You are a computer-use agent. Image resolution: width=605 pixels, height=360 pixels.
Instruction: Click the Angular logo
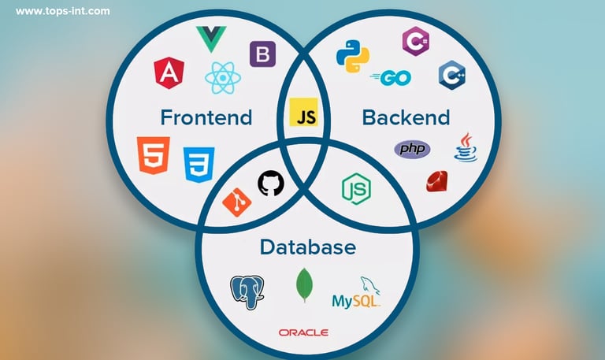tap(168, 74)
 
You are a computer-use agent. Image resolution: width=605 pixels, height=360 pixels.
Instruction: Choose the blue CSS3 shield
tap(198, 164)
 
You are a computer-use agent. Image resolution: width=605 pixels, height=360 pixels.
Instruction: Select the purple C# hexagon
tap(414, 40)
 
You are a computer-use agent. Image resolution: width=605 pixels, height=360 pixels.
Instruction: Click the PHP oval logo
tap(413, 149)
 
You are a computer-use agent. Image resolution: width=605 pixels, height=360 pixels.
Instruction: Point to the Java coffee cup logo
tap(465, 147)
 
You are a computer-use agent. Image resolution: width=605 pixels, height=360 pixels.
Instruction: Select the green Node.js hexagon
tap(356, 189)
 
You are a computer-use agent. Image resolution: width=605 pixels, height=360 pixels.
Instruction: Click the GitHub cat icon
tap(270, 184)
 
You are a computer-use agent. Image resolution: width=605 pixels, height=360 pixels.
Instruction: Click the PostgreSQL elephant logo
tap(247, 291)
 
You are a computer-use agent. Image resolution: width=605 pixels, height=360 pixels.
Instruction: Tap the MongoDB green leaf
tap(304, 286)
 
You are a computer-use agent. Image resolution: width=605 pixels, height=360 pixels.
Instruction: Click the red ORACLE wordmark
tap(303, 332)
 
